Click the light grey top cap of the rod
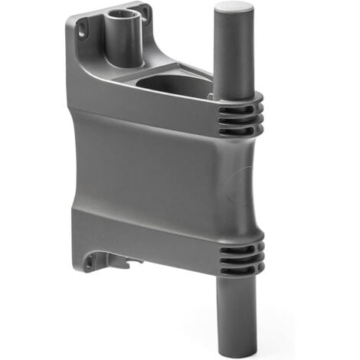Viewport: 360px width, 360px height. [x=234, y=10]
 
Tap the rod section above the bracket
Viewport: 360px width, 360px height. [x=234, y=54]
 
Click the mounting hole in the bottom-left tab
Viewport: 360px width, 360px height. [x=90, y=261]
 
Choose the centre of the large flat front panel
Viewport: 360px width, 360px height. [x=153, y=172]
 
